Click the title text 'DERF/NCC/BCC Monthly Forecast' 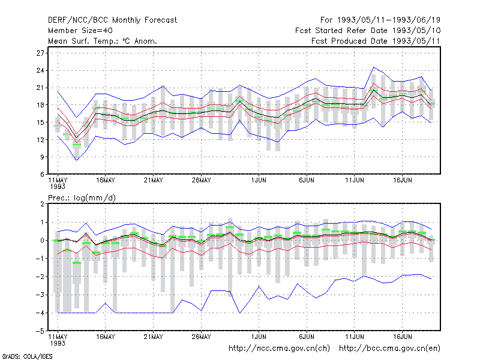112,20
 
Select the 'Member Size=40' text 80,31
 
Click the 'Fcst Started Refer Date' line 368,31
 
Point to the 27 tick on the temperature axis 40,53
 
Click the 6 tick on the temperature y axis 42,175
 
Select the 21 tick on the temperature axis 40,88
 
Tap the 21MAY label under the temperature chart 154,181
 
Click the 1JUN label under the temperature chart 259,181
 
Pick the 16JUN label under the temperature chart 402,181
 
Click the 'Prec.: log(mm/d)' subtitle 82,198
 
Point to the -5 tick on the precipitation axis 40,331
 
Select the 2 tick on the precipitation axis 42,204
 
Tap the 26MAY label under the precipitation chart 201,337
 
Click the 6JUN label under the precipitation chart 307,337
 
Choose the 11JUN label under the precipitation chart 355,337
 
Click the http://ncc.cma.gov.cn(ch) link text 279,349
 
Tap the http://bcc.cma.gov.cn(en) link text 389,349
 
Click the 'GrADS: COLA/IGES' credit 27,356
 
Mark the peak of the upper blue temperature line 373,67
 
